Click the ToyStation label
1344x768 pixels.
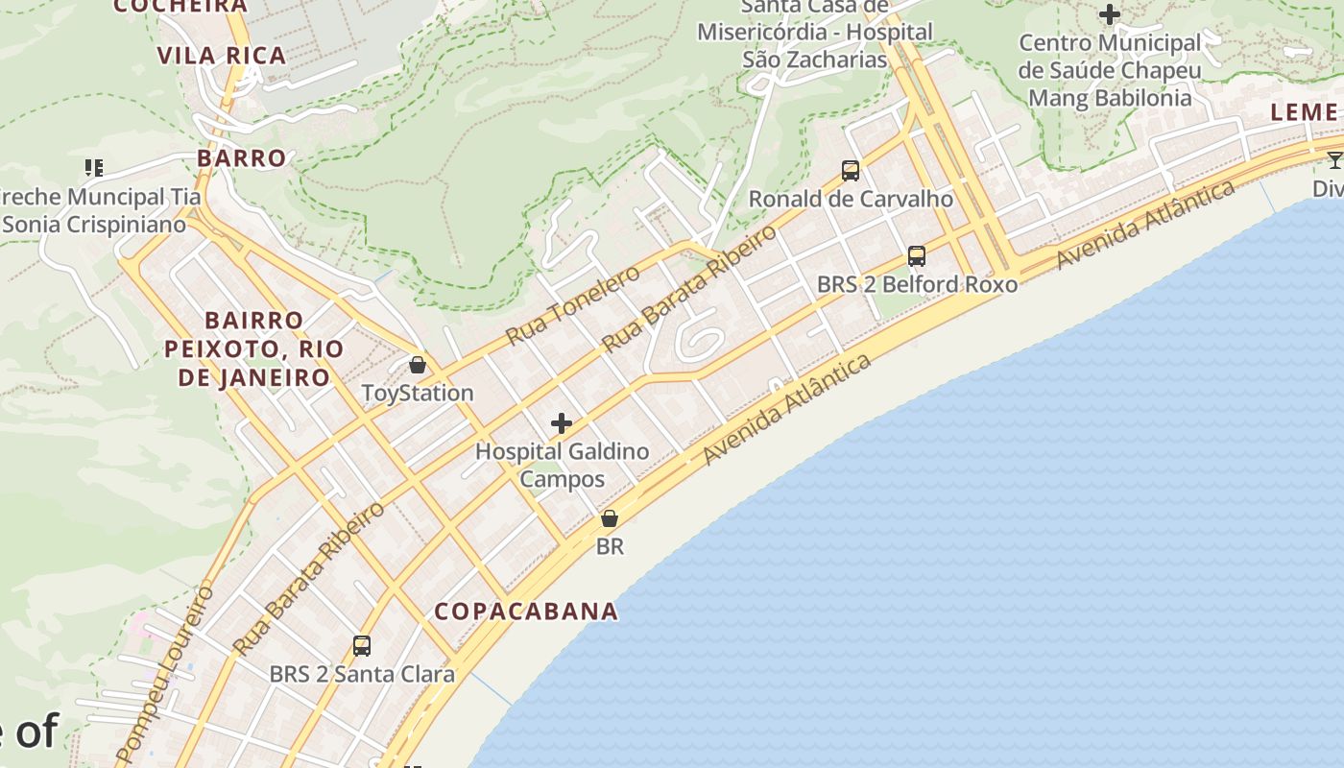418,393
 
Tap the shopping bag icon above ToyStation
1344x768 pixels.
418,365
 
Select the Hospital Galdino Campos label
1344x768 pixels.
563,465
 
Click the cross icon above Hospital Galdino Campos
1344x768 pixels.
562,423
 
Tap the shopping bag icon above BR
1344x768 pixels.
610,518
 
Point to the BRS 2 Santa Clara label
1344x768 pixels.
362,674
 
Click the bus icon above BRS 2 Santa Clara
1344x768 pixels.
362,646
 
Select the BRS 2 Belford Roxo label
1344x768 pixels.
917,284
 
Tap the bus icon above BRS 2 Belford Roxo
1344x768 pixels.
917,256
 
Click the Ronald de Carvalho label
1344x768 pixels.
851,199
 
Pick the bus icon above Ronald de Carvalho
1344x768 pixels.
851,171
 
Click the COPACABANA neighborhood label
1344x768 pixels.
526,612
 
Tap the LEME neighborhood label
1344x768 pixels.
1303,111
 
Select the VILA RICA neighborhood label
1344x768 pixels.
222,56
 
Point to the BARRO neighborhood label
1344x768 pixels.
242,157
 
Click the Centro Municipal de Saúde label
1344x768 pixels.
1110,70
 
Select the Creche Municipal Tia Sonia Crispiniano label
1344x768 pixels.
96,210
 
